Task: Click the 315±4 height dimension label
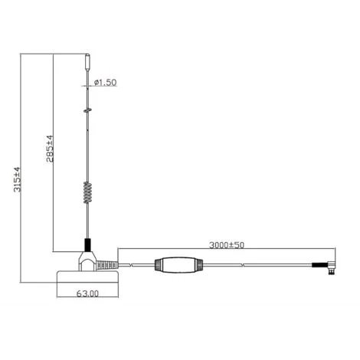point(17,179)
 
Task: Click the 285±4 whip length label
point(50,149)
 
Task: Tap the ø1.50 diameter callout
point(105,83)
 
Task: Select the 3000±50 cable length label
point(227,245)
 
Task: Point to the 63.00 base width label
point(87,293)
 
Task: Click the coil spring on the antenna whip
point(87,192)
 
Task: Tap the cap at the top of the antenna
point(87,62)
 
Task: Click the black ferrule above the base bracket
point(87,245)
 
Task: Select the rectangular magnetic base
point(87,277)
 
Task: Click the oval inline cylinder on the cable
point(178,265)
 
